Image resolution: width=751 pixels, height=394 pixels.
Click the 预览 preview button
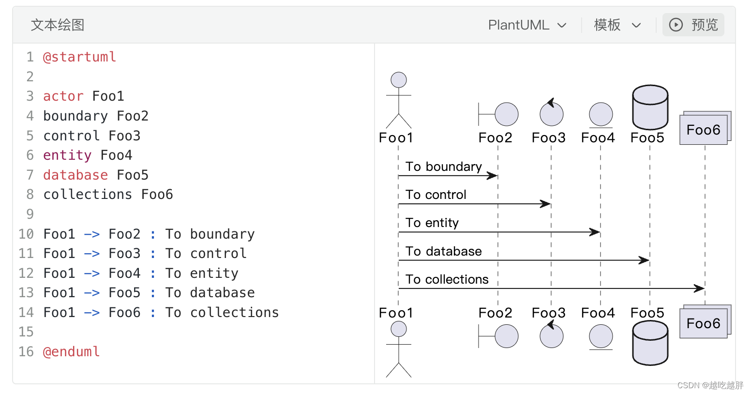[x=693, y=25]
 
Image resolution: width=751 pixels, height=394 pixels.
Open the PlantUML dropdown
[x=527, y=25]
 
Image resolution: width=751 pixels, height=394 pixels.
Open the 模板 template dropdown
[x=617, y=25]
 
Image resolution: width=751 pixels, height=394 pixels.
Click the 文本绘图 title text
[x=58, y=25]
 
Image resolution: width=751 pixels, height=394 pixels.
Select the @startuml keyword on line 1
[x=79, y=57]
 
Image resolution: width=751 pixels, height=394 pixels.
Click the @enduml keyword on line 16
[x=71, y=351]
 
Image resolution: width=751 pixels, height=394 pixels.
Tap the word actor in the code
[x=63, y=96]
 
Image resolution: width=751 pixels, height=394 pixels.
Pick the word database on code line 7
[x=75, y=175]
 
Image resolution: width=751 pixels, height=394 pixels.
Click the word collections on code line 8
[x=88, y=195]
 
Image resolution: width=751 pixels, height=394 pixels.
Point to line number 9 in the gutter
[x=30, y=214]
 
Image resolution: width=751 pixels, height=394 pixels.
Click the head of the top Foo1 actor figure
[x=399, y=80]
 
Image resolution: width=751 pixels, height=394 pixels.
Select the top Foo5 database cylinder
[x=650, y=107]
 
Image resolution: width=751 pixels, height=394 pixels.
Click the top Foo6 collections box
[x=704, y=129]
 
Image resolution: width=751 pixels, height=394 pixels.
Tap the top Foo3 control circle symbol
[x=552, y=114]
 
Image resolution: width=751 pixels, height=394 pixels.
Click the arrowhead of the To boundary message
[x=493, y=176]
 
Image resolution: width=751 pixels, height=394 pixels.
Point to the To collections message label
[x=447, y=279]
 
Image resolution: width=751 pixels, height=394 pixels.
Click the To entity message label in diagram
[x=432, y=223]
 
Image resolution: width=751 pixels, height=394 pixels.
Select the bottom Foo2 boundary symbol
[x=499, y=336]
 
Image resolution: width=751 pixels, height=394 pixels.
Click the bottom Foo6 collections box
[x=704, y=323]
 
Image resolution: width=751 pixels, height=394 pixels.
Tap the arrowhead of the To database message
[x=645, y=260]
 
